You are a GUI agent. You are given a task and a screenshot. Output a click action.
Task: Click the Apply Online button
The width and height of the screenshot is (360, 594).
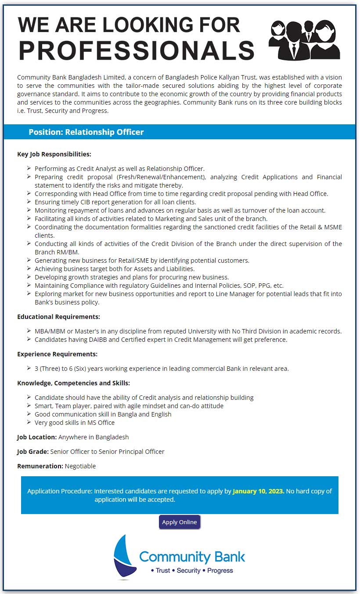[x=180, y=522]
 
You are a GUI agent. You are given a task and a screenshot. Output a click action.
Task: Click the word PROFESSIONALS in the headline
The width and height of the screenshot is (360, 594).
[x=137, y=51]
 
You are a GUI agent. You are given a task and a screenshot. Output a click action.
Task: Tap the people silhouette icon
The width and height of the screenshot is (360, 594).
[x=304, y=40]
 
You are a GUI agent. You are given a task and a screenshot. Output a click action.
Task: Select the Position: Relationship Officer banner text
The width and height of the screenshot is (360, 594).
[x=86, y=132]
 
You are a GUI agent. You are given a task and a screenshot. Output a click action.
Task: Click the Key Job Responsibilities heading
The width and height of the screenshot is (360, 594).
[x=54, y=154]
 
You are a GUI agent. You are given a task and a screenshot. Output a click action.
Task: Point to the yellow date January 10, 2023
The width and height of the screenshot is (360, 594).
[x=259, y=491]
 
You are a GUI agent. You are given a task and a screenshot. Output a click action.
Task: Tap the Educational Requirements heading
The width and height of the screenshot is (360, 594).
[x=58, y=316]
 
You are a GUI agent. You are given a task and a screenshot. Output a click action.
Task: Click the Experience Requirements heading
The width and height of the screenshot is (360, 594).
[x=57, y=354]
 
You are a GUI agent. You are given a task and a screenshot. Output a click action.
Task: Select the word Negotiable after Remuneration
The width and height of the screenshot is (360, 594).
[x=80, y=466]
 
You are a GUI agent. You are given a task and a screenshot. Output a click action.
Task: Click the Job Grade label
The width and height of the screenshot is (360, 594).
[x=33, y=451]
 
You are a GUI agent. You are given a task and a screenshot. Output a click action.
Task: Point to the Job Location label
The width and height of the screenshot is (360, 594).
[x=37, y=437]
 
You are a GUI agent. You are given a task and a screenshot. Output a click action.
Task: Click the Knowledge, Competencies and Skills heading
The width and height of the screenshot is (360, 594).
[x=73, y=383]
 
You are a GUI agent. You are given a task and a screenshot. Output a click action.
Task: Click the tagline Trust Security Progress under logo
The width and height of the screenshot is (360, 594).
[x=192, y=570]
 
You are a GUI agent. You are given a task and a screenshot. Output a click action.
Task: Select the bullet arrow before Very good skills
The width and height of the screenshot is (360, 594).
[x=29, y=422]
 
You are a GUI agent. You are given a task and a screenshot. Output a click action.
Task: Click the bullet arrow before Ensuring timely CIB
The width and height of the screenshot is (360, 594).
[x=29, y=202]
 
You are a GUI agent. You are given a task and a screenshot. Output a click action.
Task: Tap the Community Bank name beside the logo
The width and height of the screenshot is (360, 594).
[x=192, y=557]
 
